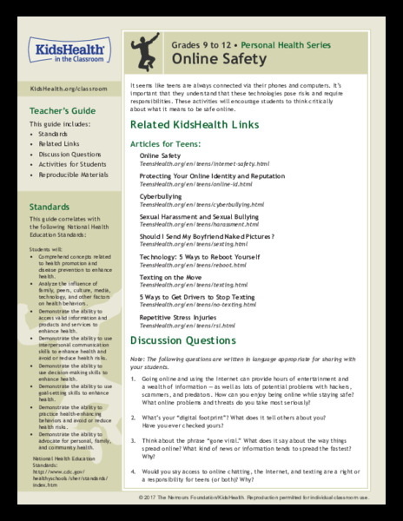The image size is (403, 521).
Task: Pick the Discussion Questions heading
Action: coord(186,340)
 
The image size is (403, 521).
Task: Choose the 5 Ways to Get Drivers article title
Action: coord(197,298)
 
